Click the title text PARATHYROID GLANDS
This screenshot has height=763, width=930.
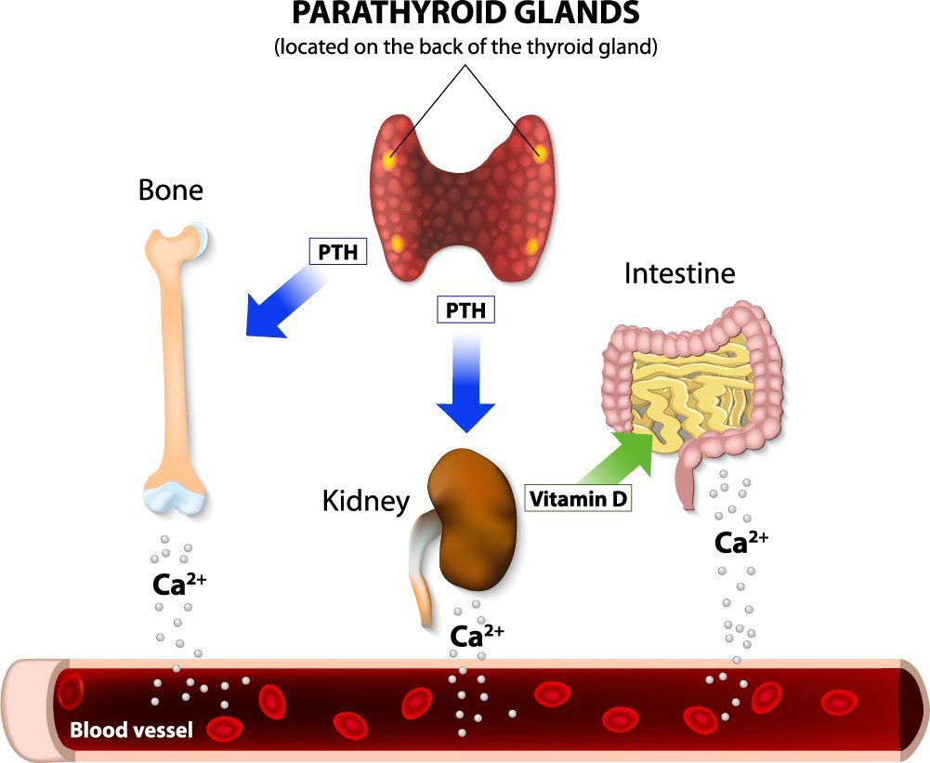[466, 14]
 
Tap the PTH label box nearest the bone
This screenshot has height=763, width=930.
[338, 252]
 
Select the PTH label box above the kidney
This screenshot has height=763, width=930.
[465, 309]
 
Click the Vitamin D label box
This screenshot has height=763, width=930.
[578, 498]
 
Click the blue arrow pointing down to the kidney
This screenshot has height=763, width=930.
[466, 384]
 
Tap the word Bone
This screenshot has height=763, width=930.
[171, 190]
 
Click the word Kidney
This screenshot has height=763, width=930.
[366, 501]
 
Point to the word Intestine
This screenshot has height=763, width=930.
[680, 273]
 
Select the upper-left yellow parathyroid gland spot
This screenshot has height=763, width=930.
[389, 160]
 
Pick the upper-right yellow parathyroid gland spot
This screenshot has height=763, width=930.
[539, 154]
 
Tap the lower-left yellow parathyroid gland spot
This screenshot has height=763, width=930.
[398, 243]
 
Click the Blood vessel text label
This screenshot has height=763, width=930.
[132, 730]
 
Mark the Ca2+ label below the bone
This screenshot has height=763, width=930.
[179, 584]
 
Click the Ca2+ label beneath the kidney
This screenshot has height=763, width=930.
[477, 636]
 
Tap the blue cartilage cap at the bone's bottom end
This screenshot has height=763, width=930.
[175, 497]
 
